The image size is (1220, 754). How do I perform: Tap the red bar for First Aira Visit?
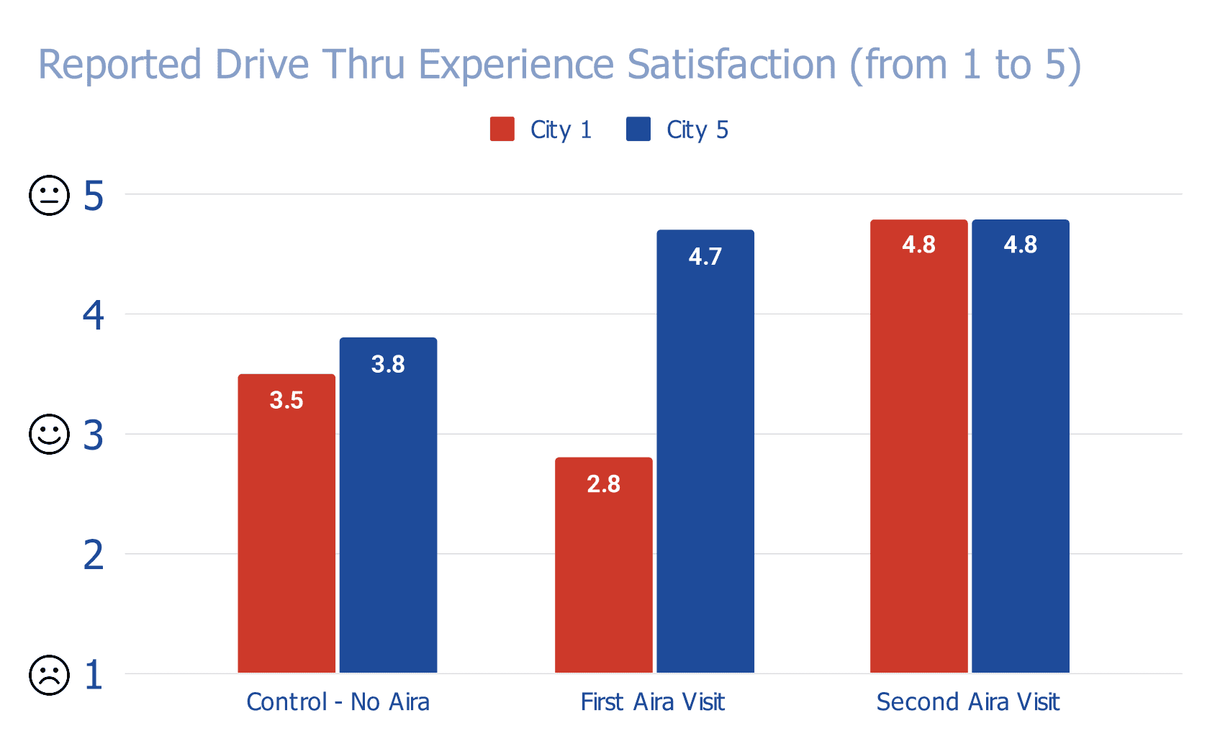603,576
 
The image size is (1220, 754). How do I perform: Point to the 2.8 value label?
603,484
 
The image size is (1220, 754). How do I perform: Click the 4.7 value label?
705,257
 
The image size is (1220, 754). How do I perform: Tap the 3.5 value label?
286,400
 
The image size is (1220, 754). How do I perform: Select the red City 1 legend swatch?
502,130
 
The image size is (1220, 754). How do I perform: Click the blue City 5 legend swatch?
638,130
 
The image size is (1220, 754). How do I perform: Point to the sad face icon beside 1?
49,675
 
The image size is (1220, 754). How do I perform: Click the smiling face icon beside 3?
49,434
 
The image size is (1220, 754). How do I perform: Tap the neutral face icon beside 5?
49,195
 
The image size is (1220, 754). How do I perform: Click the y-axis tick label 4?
94,315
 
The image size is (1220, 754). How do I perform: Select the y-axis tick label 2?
94,555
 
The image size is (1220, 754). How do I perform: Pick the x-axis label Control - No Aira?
338,701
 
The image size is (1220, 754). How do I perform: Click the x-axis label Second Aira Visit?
967,701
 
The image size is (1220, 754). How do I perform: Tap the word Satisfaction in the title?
731,65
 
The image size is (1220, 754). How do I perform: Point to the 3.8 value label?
388,364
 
